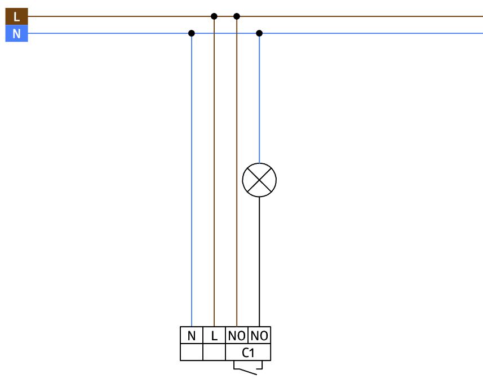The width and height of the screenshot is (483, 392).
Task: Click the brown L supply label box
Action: (17, 17)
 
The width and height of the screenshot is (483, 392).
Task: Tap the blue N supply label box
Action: (17, 33)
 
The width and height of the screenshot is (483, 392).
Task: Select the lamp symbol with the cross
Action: (259, 180)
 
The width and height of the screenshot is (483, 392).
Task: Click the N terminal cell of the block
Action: (192, 335)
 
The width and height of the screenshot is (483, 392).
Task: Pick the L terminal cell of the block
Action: (214, 335)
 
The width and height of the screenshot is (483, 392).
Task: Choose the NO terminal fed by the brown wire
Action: (237, 335)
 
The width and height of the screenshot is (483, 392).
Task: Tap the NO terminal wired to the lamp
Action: (259, 335)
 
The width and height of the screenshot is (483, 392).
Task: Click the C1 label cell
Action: (248, 352)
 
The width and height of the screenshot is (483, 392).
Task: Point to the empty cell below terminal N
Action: (192, 352)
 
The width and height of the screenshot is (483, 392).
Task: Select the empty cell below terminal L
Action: (214, 352)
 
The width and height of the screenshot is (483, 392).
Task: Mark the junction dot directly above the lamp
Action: (259, 33)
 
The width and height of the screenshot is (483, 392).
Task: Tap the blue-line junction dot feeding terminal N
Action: (191, 33)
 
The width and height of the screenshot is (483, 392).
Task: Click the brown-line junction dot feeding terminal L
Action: (214, 16)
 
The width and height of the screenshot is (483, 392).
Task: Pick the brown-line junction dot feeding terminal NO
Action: (237, 16)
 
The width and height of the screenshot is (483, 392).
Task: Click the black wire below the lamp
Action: (259, 262)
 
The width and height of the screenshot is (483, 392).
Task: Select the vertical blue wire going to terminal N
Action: (192, 180)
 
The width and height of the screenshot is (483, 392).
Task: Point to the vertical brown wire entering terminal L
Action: (214, 172)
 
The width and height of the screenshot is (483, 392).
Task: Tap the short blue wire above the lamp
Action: (259, 98)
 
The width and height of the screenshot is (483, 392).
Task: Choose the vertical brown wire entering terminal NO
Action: (237, 172)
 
